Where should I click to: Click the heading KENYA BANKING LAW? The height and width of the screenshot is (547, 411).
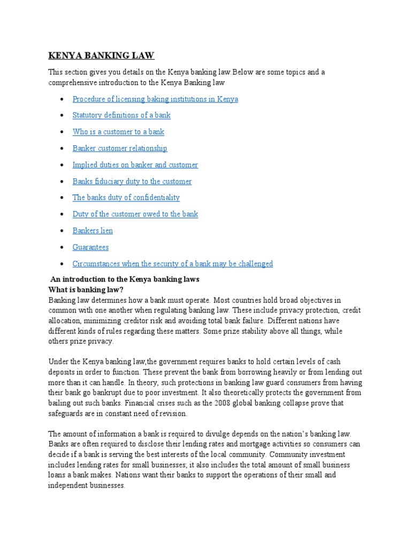pos(101,56)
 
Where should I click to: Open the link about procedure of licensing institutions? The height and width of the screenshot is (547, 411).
pos(155,99)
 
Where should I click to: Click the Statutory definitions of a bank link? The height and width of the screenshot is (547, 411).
pos(121,115)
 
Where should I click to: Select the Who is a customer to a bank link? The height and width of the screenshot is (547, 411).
pos(118,132)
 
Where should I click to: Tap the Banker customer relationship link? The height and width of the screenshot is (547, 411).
pos(120,149)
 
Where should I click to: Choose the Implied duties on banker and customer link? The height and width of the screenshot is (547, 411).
pos(135,165)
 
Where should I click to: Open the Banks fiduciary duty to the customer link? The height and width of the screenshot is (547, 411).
pos(132,182)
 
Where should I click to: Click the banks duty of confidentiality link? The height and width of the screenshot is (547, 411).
pos(126,198)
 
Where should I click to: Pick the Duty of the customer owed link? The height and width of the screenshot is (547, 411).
pos(135,214)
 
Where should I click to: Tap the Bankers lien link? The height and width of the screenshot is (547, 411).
pos(93,231)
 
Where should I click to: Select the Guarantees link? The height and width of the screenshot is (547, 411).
pos(90,247)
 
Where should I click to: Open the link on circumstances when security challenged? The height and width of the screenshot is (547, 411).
pos(173,264)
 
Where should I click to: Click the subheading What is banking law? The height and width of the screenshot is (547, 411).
pos(86,290)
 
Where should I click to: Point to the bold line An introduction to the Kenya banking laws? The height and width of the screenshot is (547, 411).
pos(125,280)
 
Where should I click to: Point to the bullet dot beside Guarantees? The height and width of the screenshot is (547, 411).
pos(63,248)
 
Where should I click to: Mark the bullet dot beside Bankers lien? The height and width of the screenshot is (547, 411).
pos(63,231)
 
